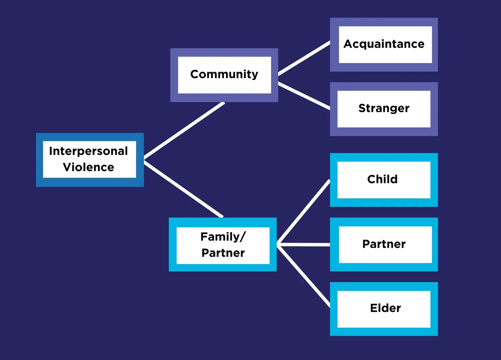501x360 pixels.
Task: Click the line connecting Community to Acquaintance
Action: [x=304, y=58]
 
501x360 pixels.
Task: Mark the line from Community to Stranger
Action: [x=304, y=96]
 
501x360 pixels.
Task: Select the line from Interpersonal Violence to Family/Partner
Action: [x=183, y=189]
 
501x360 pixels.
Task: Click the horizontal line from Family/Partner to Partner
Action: [x=303, y=245]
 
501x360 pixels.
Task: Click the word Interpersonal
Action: [x=89, y=151]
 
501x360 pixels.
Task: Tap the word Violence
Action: [x=89, y=167]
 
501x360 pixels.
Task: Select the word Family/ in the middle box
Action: [x=223, y=237]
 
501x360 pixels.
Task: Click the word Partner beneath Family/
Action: [x=223, y=253]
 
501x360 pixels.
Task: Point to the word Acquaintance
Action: [x=384, y=44]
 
